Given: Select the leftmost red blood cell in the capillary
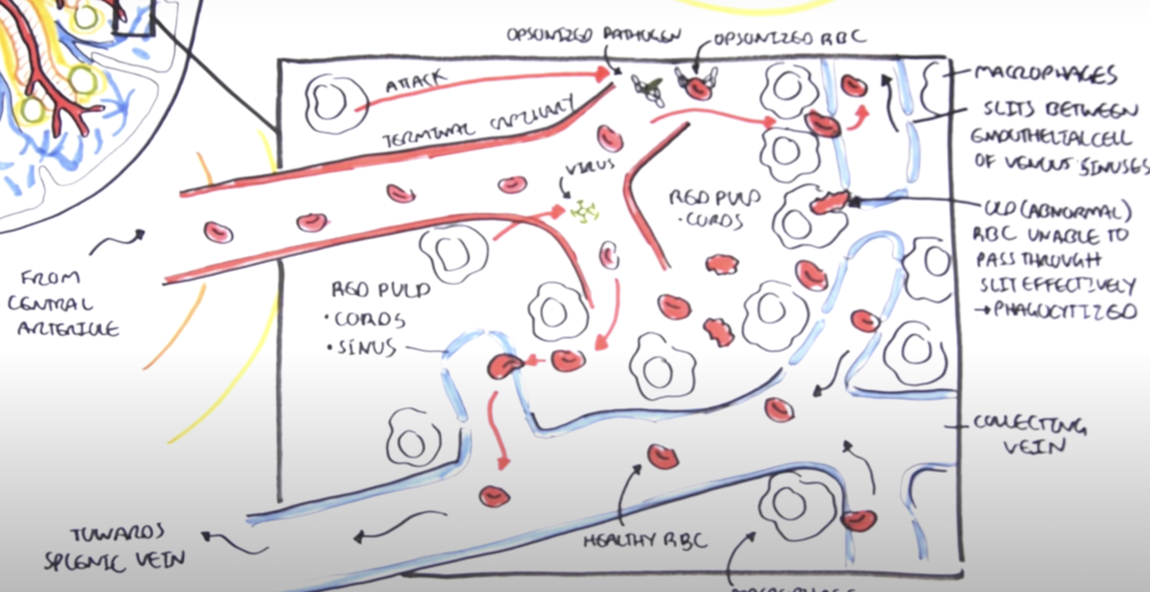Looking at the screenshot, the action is coord(218,232).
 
